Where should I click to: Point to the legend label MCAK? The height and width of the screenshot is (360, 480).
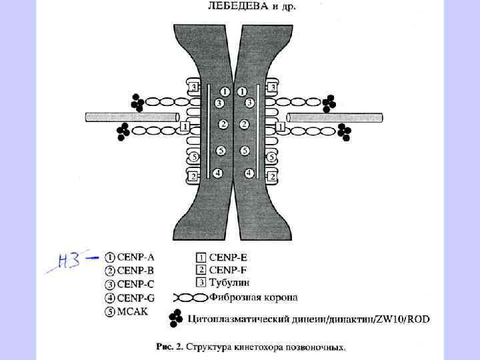tap(133, 311)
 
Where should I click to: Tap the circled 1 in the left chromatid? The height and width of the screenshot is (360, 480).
tap(225, 91)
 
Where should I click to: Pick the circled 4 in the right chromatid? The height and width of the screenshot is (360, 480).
tap(249, 173)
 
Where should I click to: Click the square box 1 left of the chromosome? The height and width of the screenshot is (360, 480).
tap(185, 126)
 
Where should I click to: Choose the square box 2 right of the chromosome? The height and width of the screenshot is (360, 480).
tap(272, 177)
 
